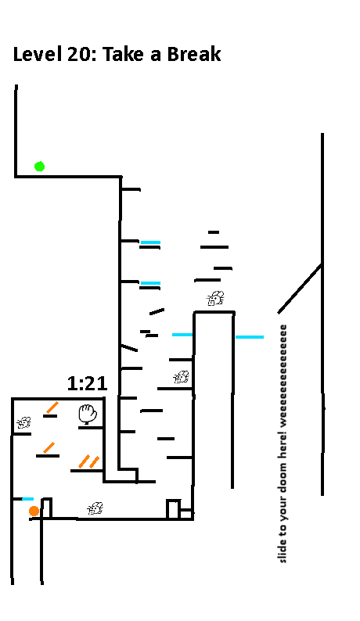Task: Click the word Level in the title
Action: [x=38, y=54]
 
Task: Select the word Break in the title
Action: [x=194, y=54]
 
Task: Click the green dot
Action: [x=39, y=167]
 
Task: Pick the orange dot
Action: [x=34, y=512]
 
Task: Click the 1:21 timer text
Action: [x=87, y=383]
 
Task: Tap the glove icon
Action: [x=88, y=414]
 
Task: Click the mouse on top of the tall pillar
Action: [x=215, y=298]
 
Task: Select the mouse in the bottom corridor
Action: [x=95, y=508]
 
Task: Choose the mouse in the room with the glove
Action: [x=23, y=422]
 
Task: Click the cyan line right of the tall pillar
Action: [x=250, y=337]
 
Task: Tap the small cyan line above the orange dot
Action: [x=27, y=499]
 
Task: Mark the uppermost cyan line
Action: [x=151, y=242]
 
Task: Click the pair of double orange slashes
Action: [x=88, y=461]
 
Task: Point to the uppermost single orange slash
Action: [x=52, y=407]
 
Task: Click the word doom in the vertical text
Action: [x=283, y=475]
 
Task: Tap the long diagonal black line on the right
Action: [x=300, y=289]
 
